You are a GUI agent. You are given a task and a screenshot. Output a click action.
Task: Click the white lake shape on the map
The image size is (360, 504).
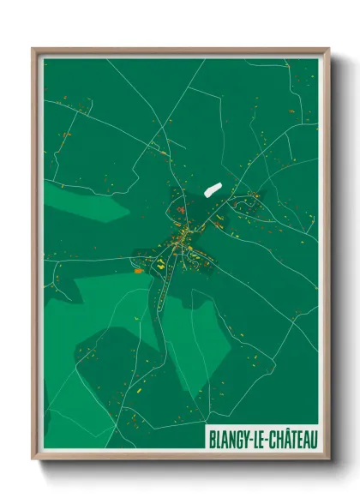212,188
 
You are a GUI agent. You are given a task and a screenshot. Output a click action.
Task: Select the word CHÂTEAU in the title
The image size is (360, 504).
291,440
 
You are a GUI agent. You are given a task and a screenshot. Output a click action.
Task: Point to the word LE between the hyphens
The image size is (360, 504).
255,440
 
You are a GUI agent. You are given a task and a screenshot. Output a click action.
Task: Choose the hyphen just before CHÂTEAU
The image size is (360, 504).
263,441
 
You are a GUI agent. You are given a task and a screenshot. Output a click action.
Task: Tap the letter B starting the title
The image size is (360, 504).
211,440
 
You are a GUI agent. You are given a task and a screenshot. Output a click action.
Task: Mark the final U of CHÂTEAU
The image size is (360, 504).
313,440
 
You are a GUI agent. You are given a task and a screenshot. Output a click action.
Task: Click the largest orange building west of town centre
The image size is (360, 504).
138,271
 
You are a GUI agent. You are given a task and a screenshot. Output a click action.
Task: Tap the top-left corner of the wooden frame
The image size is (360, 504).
33,48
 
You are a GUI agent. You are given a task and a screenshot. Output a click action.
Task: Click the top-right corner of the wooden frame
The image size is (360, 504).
328,48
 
